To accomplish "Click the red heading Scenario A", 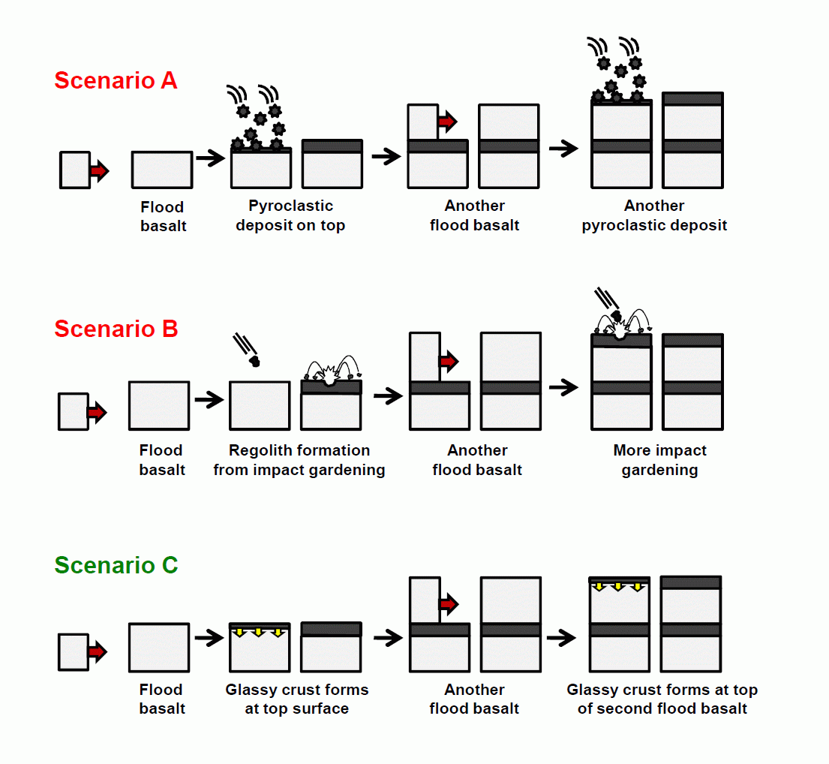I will coord(116,80).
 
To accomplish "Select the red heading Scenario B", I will coord(116,329).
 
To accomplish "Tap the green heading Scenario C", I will coord(116,565).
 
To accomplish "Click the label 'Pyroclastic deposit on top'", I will coord(290,215).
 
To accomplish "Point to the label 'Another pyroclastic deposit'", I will coord(654,215).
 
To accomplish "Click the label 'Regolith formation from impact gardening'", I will coord(299,460).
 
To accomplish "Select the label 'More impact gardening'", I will coord(659,460).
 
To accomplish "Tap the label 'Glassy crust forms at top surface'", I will coord(297,699).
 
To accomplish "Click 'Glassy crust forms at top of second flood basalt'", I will coord(662,699).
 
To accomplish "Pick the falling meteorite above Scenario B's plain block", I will coord(254,361).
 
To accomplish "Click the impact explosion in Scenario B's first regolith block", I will coord(329,375).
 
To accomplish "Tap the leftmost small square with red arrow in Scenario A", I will coord(76,170).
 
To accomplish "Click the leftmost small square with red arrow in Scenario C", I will coord(74,651).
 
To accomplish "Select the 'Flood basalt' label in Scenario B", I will coord(162,460).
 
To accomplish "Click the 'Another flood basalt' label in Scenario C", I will coord(474,699).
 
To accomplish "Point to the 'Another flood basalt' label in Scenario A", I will coord(474,215).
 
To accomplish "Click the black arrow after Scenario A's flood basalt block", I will coord(210,158).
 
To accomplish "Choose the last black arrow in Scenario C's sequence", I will coord(562,638).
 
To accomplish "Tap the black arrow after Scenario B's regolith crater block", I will coord(388,396).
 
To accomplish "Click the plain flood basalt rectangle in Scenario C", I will coord(159,647).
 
